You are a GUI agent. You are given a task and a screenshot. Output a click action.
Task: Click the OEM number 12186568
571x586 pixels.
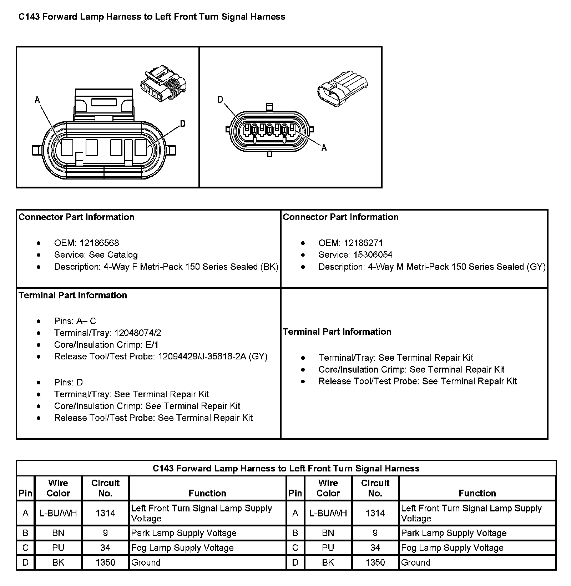point(99,243)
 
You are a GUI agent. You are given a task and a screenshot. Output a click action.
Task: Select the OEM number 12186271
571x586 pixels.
point(363,243)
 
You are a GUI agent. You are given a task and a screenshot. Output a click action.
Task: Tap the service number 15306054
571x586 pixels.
point(373,255)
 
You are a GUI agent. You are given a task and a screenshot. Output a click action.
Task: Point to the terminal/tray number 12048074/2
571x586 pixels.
point(138,333)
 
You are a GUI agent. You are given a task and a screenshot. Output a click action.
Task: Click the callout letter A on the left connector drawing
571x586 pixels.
point(37,100)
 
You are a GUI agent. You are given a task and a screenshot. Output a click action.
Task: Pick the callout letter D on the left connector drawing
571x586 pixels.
point(182,124)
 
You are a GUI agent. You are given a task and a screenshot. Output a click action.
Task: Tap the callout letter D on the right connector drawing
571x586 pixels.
point(221,100)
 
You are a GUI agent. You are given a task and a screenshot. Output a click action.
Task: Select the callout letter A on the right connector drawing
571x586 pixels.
point(324,148)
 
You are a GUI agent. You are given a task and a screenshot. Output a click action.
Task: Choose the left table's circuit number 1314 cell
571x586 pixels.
point(105,513)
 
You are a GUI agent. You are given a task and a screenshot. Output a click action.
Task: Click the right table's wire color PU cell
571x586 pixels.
point(328,547)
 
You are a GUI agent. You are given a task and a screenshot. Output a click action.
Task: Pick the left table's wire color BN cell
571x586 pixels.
point(58,533)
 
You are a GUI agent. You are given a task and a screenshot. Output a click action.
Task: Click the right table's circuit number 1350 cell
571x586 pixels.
point(375,562)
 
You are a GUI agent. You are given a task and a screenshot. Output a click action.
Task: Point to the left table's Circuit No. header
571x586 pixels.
point(105,488)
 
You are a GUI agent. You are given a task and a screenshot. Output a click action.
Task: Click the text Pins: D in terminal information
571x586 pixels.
point(69,383)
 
